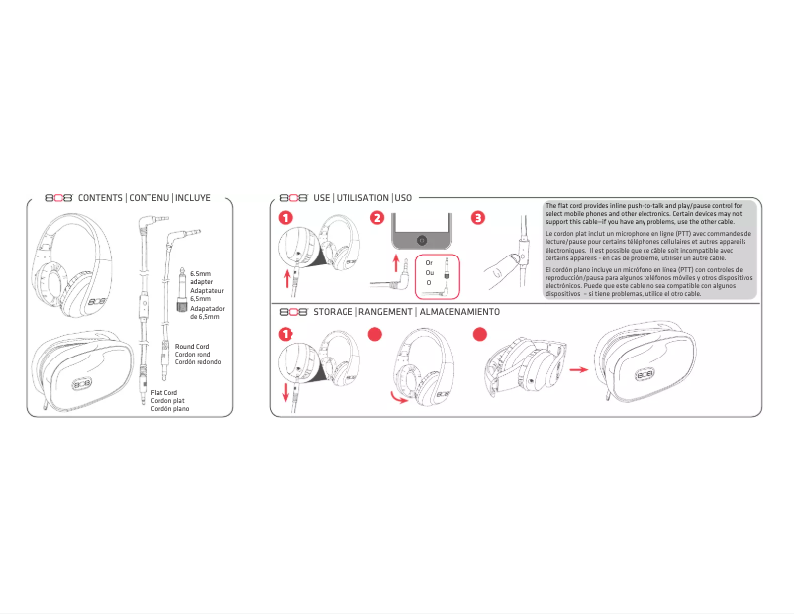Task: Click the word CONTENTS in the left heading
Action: pos(101,198)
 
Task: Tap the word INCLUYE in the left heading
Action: pos(193,198)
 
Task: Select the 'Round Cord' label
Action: pos(192,347)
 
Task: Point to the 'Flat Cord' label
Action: pos(164,393)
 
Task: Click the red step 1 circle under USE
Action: pos(285,218)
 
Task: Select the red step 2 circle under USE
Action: pos(377,218)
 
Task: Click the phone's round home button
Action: pos(423,239)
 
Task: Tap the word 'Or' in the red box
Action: pos(429,263)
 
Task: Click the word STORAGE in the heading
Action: pos(333,311)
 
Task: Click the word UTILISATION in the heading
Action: pos(362,198)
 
